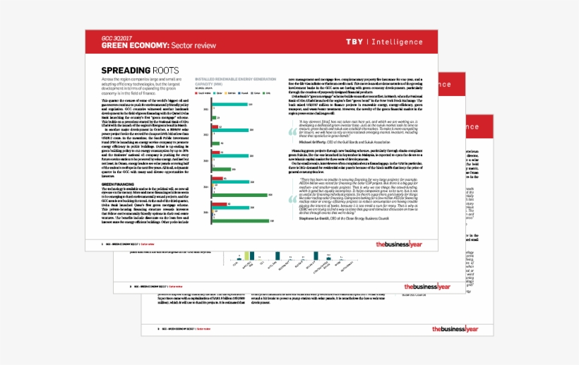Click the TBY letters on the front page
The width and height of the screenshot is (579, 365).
click(355, 42)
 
